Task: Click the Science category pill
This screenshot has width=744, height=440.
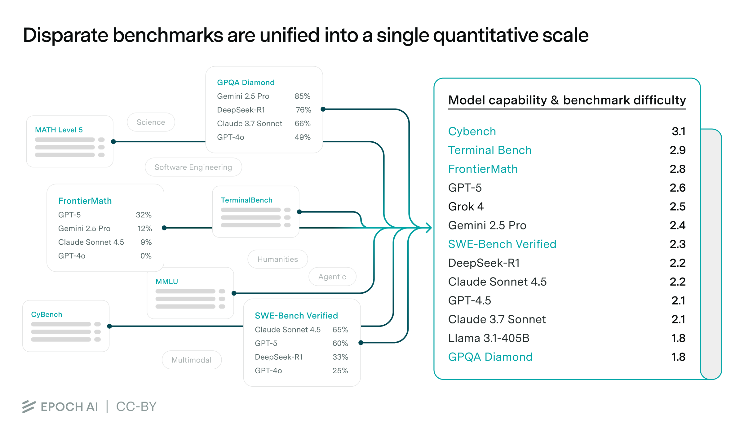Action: (151, 122)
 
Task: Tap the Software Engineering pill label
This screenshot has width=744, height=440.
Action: (193, 167)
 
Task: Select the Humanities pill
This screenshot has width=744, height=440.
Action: (277, 259)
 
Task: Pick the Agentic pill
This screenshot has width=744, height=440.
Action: (332, 277)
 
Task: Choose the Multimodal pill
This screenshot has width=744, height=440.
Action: (191, 360)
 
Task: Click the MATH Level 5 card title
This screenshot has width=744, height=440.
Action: (59, 130)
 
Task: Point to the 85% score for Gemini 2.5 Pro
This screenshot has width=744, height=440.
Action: (302, 96)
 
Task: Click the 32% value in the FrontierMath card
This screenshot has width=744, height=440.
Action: (144, 215)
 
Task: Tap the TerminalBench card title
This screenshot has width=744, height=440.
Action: (246, 200)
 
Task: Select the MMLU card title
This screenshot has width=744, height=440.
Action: (167, 282)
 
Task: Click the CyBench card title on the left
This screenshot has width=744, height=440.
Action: (46, 314)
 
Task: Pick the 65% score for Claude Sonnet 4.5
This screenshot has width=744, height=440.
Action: (340, 330)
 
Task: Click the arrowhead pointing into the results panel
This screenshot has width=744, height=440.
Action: (429, 228)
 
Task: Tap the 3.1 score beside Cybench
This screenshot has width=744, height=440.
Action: (678, 131)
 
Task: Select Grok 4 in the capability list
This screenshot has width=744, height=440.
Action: (466, 207)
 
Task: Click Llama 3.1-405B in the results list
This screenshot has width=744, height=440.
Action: (489, 338)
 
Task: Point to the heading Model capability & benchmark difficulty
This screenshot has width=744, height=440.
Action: (567, 100)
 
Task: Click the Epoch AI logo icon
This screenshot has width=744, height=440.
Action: (29, 407)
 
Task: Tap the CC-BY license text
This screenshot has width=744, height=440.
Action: (136, 407)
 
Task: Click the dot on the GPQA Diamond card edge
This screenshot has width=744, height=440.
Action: (323, 109)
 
